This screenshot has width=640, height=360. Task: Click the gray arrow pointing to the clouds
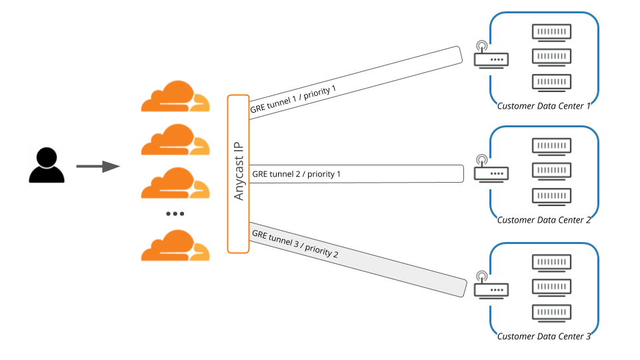tap(97, 166)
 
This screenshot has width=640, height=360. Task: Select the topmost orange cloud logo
tap(175, 97)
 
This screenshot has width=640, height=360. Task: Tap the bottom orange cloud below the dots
tap(175, 245)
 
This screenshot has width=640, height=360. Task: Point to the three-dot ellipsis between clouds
tap(175, 214)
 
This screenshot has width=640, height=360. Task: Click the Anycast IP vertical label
tap(239, 173)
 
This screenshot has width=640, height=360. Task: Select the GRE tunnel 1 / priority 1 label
tap(293, 99)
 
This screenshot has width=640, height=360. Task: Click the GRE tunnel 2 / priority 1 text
tap(296, 174)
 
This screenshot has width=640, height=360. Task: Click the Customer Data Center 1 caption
tap(544, 105)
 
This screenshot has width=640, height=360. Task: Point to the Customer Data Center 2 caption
tap(544, 220)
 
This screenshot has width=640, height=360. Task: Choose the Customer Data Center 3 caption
tap(544, 337)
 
